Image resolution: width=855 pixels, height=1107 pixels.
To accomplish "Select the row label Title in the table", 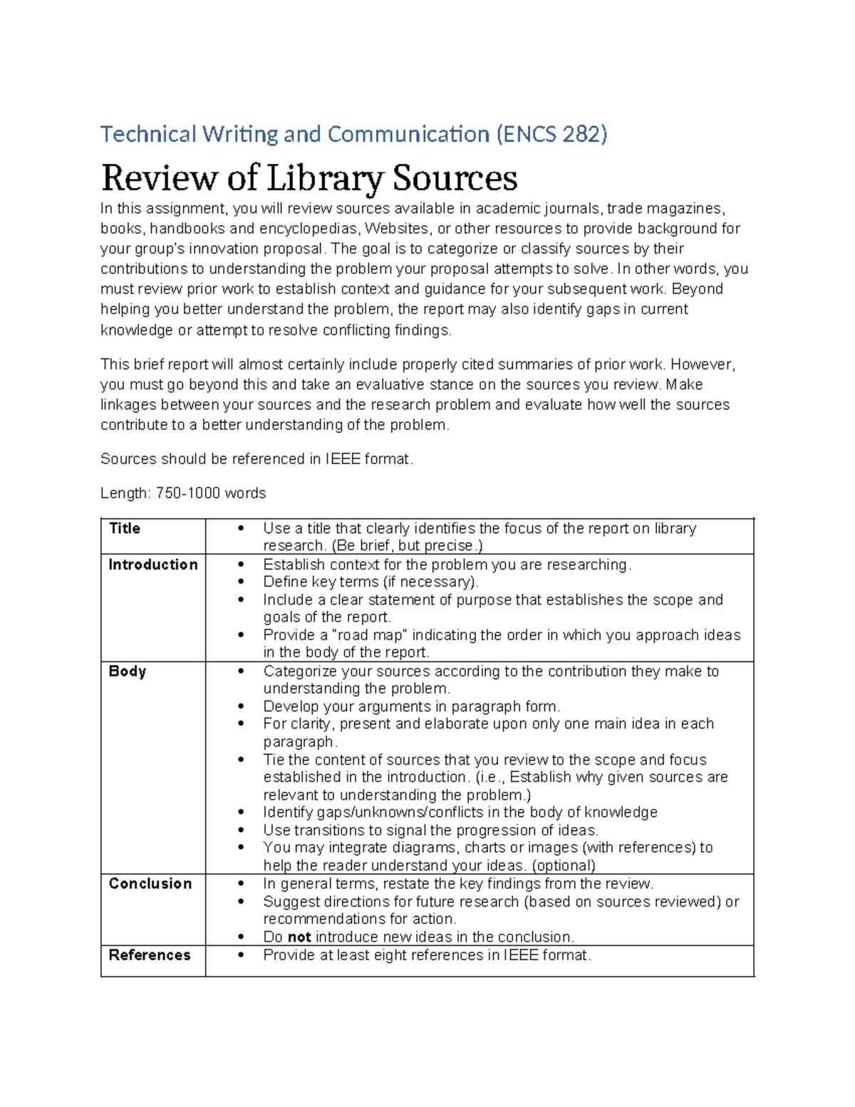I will coord(125,529).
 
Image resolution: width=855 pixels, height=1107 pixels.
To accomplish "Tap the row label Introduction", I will coord(152,565).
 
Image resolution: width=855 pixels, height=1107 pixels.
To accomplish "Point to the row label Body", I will coord(127,671).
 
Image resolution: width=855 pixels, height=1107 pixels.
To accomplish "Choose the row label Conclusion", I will coord(150,884).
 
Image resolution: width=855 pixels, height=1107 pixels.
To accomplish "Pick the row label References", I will coord(150,955).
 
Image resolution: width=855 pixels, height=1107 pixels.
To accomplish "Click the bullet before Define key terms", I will coord(242,582).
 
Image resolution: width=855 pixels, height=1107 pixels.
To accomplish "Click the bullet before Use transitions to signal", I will coord(242,830).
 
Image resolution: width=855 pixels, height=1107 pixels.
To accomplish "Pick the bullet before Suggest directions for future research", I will coord(242,902).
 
